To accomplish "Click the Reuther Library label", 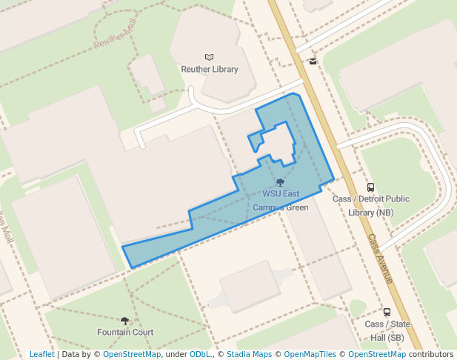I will coord(210,70).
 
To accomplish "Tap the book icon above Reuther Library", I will coord(209,57).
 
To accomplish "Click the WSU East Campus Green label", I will coord(281,201).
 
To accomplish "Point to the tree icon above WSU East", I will coord(280,182).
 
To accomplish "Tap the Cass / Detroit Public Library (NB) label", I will coord(371,205).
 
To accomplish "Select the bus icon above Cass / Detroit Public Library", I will coord(371,187).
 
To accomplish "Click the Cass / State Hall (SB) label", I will coord(387,330).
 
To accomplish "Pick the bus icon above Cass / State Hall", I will coord(387,313).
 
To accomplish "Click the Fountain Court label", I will coord(125,333).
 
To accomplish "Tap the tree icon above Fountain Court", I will coord(124,321).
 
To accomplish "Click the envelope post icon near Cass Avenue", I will coord(313,61).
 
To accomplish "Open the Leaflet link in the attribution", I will coord(42,355).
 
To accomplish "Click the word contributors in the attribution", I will coord(430,355).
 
